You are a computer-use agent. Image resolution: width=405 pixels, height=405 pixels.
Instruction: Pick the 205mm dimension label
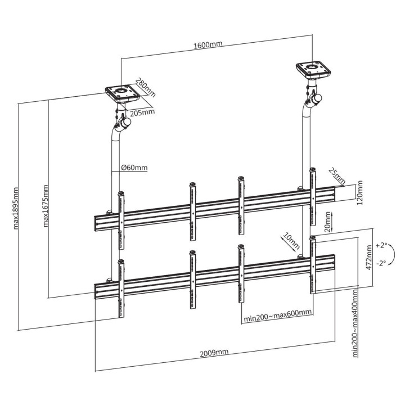[x=142, y=112]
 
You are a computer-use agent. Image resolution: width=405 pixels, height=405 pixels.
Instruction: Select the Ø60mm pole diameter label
[x=134, y=167]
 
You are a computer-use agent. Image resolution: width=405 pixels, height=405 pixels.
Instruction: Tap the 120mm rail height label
[x=361, y=192]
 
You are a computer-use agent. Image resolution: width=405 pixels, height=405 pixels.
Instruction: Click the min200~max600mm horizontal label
[x=277, y=319]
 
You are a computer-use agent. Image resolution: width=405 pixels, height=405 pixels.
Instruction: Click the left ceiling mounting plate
[x=122, y=92]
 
